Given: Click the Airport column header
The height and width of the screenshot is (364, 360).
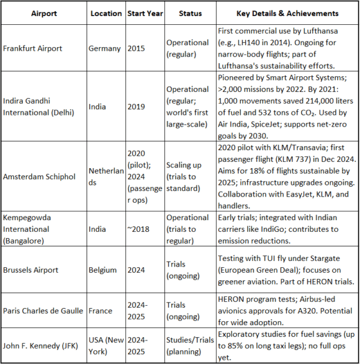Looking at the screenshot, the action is click(x=43, y=13).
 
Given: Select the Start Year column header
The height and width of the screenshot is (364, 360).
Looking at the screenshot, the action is click(x=144, y=13).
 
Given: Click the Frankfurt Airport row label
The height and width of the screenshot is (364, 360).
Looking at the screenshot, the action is click(x=35, y=48).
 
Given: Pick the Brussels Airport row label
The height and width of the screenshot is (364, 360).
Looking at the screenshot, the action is click(x=33, y=270).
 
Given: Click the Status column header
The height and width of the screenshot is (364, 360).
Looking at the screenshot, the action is click(x=191, y=13).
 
